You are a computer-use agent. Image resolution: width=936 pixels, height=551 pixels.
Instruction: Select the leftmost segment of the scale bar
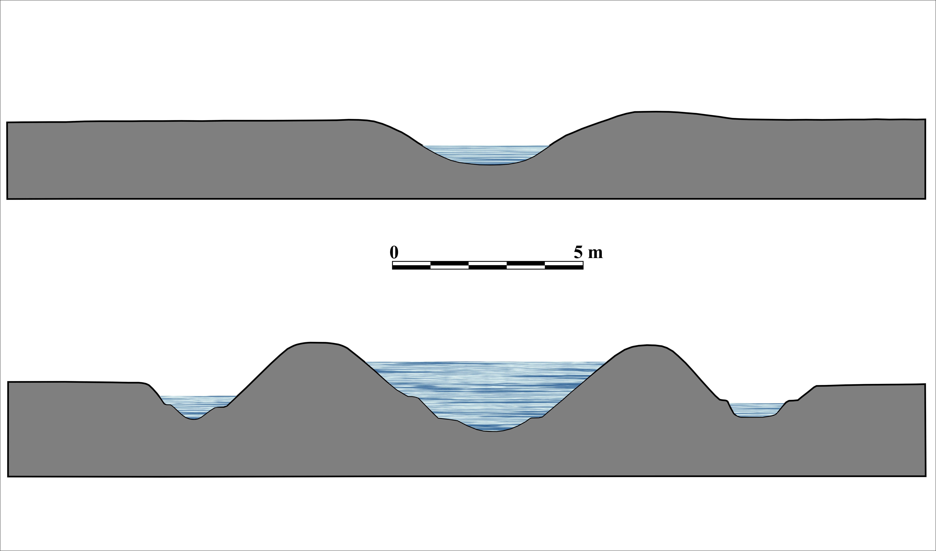[412, 265]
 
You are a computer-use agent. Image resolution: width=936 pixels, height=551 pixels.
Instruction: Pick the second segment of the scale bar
[449, 265]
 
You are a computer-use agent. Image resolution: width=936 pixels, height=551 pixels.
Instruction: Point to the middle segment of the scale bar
[488, 265]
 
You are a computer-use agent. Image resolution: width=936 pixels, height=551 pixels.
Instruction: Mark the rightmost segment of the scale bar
[564, 265]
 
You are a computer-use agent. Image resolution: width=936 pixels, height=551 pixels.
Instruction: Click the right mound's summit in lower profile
[648, 345]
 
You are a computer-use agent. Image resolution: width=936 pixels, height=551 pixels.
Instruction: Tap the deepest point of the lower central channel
[490, 431]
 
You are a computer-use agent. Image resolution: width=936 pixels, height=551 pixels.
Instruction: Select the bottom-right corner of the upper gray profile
[925, 199]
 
